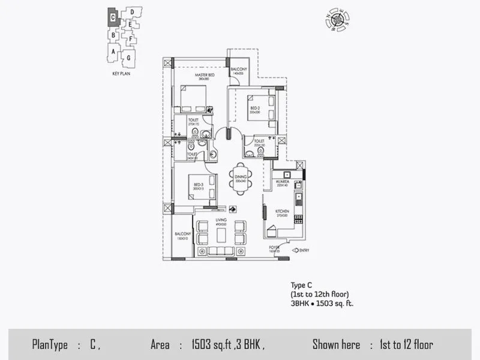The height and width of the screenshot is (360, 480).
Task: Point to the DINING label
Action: (x=241, y=178)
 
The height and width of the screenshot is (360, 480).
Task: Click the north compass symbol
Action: (x=338, y=20)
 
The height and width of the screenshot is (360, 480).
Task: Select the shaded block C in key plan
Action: (x=113, y=18)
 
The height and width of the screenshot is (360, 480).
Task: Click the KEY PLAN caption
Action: (x=121, y=73)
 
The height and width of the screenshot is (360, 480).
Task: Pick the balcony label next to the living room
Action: (x=182, y=236)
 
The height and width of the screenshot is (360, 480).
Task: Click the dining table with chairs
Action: (x=241, y=179)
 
